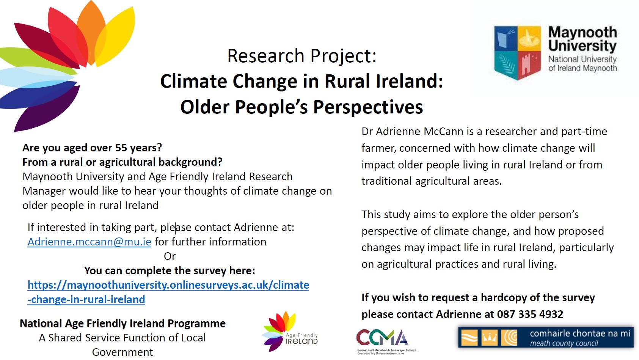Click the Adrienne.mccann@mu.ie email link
(89, 242)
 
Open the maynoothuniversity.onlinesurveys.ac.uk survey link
(168, 292)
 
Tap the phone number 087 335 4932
(530, 314)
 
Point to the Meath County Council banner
(546, 338)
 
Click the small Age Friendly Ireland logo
(290, 332)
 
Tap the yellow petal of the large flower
(117, 37)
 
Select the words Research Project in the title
(302, 55)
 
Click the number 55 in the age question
(121, 148)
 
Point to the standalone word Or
(170, 256)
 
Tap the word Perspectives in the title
(368, 107)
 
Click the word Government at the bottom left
(122, 352)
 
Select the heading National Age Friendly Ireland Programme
(122, 324)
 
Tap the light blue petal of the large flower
(34, 77)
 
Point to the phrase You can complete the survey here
(170, 271)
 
